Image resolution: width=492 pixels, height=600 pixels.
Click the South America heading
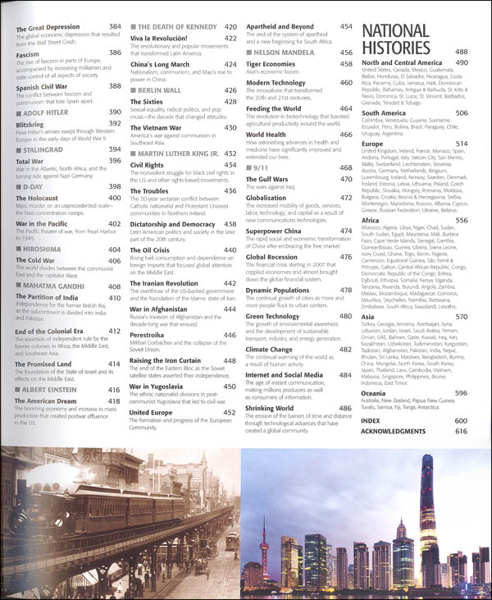390,112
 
